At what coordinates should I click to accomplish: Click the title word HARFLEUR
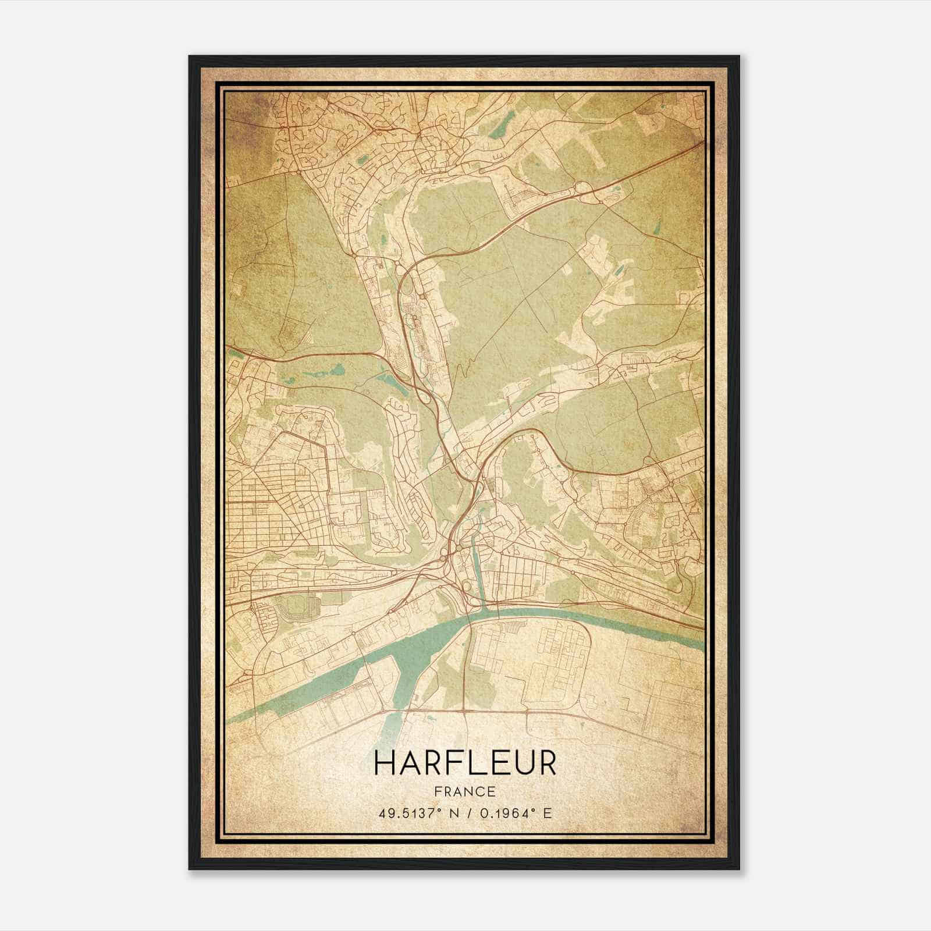465,763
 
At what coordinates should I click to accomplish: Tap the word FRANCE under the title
465,791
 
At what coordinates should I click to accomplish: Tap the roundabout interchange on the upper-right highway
581,188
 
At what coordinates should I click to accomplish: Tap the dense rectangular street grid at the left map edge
256,512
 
